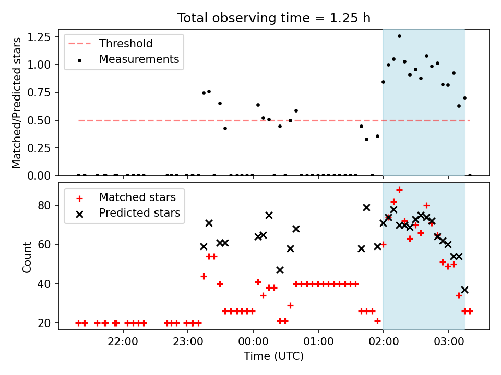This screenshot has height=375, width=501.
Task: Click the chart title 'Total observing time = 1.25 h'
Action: tap(274, 18)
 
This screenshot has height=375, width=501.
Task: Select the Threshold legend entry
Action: tap(111, 43)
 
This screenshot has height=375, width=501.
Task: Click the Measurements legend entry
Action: tap(123, 59)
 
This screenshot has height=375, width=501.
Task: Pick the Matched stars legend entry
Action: tap(122, 197)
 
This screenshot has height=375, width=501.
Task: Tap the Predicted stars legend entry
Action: tap(124, 213)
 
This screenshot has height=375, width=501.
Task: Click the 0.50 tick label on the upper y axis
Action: tap(39, 120)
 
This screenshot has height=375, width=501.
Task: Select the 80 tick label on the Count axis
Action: tap(44, 205)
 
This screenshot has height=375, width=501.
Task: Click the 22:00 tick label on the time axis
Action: tap(123, 342)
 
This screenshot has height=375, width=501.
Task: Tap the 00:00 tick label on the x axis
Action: tap(253, 342)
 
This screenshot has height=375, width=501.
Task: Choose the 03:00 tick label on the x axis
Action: tap(449, 342)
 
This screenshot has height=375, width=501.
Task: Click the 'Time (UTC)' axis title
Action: tap(274, 356)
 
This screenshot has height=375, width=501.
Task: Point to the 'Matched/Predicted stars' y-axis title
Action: tap(17, 103)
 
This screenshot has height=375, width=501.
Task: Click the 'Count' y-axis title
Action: tap(27, 257)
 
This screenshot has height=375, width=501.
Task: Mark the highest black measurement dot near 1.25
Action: tap(399, 36)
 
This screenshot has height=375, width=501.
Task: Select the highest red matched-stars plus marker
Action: tap(399, 190)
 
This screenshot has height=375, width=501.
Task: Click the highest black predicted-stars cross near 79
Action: tap(366, 208)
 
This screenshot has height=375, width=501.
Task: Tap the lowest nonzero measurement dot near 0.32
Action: tap(366, 140)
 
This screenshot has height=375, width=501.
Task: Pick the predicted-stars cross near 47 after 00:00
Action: tap(280, 270)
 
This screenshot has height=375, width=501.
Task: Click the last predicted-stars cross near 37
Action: tap(464, 290)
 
